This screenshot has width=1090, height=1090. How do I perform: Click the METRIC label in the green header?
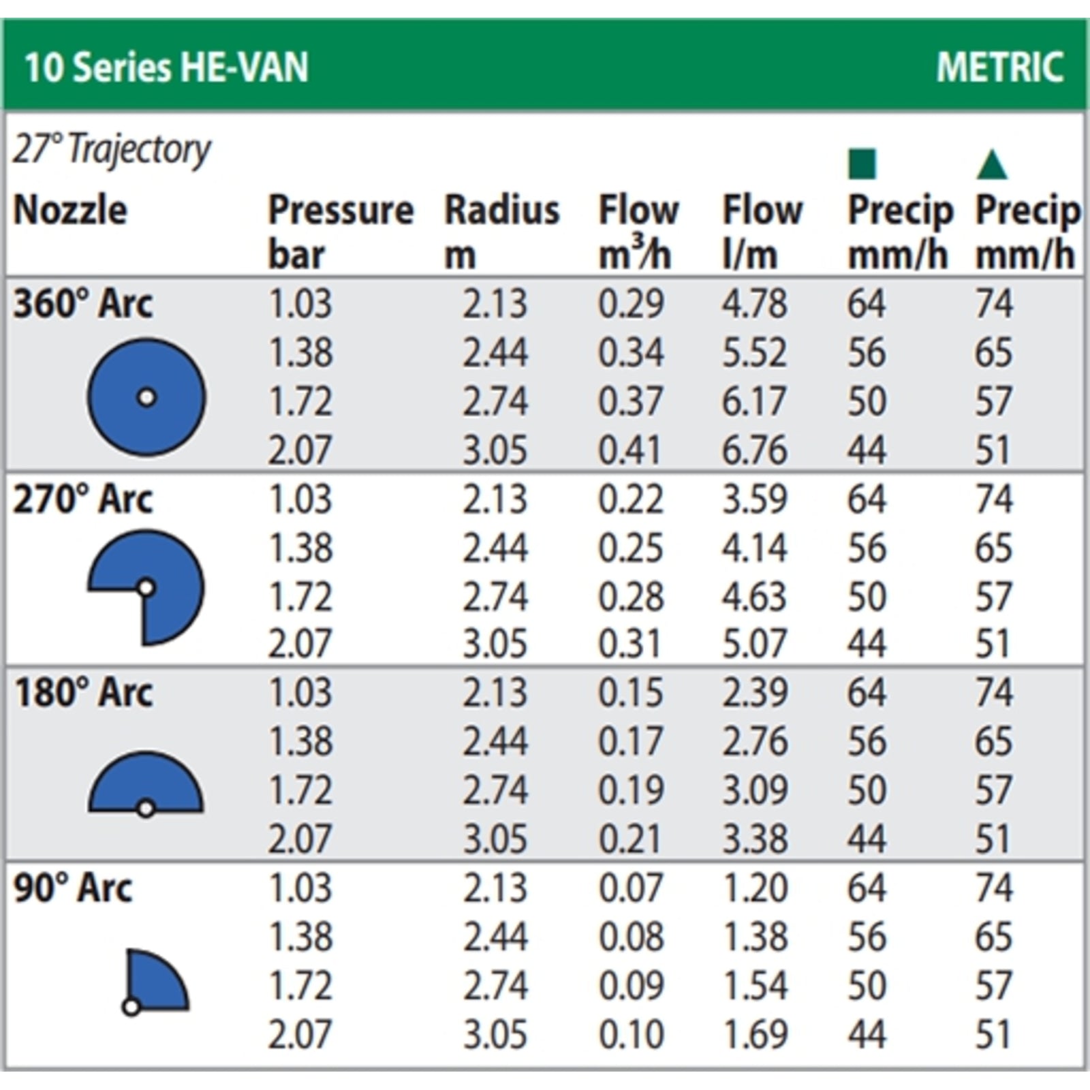tap(999, 67)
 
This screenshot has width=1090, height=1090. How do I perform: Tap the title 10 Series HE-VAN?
tap(166, 67)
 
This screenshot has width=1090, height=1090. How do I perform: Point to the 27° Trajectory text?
tap(112, 150)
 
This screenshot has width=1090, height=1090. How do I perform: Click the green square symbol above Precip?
tap(862, 165)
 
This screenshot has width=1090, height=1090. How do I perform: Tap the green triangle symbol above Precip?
tap(991, 165)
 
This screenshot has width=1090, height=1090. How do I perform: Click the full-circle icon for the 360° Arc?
tap(146, 397)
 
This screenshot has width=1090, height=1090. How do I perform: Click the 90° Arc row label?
tap(73, 888)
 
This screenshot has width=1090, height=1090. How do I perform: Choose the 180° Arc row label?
tap(83, 693)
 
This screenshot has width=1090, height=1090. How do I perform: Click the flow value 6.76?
tap(754, 450)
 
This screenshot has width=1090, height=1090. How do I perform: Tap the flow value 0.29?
tap(630, 304)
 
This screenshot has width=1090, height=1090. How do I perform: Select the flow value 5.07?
tap(754, 644)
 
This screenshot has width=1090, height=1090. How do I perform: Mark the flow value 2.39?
tap(754, 693)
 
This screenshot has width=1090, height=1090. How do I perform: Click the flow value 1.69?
tap(754, 1035)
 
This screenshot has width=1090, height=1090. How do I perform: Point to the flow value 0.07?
tap(630, 888)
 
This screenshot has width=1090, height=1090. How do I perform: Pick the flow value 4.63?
tap(754, 597)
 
